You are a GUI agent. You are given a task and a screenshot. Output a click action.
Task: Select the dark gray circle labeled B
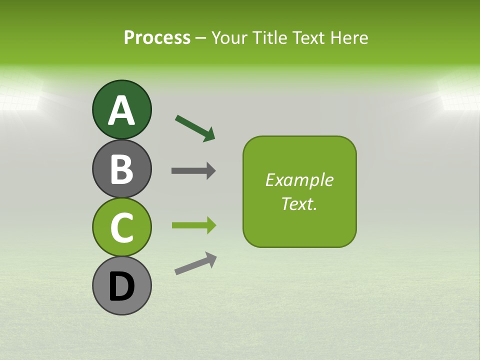pyautogui.click(x=121, y=168)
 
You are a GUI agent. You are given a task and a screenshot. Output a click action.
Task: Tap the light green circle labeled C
pyautogui.click(x=121, y=227)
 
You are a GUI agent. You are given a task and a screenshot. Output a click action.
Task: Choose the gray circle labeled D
pyautogui.click(x=121, y=285)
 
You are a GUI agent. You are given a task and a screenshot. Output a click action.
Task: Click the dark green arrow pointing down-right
pyautogui.click(x=195, y=128)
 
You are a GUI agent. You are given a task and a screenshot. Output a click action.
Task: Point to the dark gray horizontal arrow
pyautogui.click(x=193, y=171)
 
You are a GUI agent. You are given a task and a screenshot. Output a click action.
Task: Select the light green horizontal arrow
pyautogui.click(x=193, y=225)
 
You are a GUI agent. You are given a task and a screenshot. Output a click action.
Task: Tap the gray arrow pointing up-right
pyautogui.click(x=195, y=263)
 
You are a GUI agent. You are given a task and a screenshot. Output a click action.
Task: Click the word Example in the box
pyautogui.click(x=299, y=180)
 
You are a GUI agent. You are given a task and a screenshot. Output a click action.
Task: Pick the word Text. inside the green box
pyautogui.click(x=299, y=203)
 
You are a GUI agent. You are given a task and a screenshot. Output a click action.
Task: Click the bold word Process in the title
pyautogui.click(x=157, y=37)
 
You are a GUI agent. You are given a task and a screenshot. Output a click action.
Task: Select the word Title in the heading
pyautogui.click(x=270, y=37)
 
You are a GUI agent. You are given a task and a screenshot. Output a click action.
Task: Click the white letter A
pyautogui.click(x=121, y=111)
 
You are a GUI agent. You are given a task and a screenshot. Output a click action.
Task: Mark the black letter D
pyautogui.click(x=121, y=287)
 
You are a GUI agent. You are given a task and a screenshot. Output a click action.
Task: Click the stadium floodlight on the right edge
pyautogui.click(x=460, y=95)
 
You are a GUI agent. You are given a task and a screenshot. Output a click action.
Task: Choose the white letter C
pyautogui.click(x=121, y=228)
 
